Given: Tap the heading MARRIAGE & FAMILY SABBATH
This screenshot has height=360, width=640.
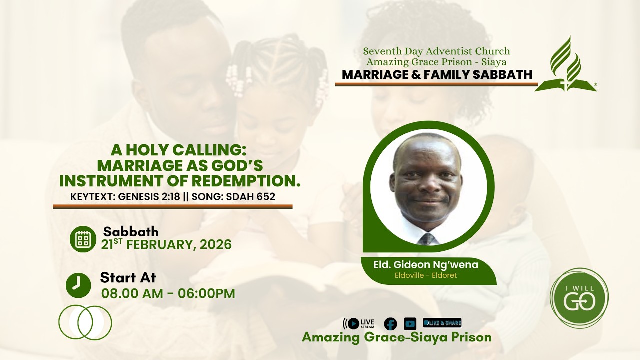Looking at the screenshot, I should (437, 75).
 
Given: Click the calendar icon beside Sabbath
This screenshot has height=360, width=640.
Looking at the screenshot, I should (82, 239).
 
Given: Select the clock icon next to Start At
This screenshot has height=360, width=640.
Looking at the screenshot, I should (78, 285).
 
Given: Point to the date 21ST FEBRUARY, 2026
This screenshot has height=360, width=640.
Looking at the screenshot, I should (166, 244).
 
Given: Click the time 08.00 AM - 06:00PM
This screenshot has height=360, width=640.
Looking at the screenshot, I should (168, 293).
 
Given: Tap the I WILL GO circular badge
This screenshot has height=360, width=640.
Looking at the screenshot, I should (579, 298).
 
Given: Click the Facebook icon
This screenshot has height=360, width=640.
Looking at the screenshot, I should (390, 324).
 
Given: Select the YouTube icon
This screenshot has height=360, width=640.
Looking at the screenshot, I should (410, 324).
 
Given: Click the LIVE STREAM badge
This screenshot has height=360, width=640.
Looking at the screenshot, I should (359, 324).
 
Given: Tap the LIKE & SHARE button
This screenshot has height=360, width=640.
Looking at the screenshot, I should (442, 323).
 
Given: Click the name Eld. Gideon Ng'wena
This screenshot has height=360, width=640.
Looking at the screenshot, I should (426, 265).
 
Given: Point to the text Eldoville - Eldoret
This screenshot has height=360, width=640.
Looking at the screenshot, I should (426, 275).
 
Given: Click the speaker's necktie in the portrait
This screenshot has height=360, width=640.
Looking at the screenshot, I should (427, 239).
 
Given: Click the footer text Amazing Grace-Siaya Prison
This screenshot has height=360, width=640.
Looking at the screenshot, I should (396, 337).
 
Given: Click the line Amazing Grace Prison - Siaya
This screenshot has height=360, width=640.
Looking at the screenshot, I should (436, 62).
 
